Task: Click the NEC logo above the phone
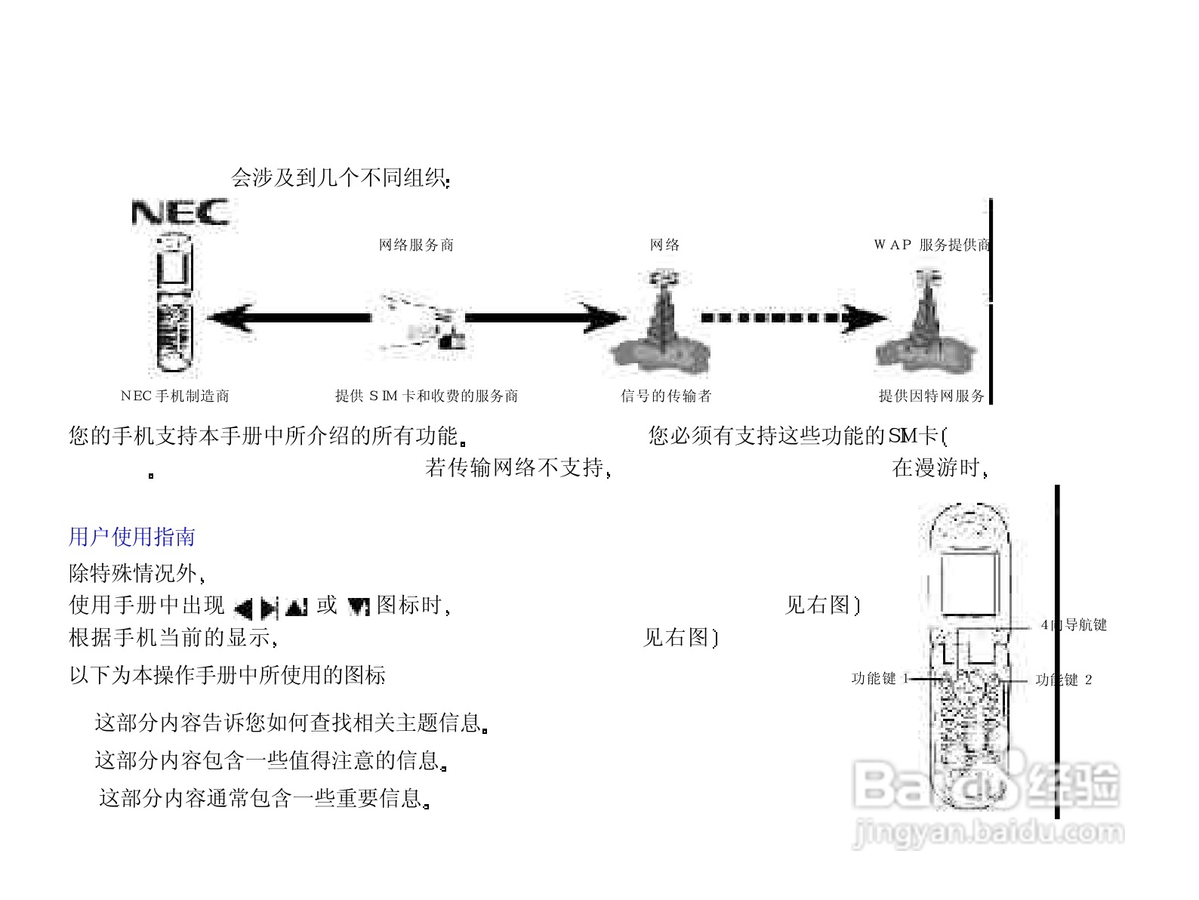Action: coord(180,212)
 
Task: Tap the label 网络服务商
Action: coord(416,245)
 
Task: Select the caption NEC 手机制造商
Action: coord(175,396)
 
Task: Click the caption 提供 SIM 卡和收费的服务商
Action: coord(427,396)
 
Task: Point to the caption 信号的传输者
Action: coord(666,396)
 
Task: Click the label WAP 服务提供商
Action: coord(932,245)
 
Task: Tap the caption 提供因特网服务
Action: coord(932,396)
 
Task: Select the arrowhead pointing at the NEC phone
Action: coord(227,318)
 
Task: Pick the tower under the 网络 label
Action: coord(662,325)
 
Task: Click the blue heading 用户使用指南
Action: coord(132,537)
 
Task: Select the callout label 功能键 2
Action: coord(1064,680)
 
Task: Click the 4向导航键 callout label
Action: coord(1074,624)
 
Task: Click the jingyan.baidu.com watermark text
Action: coord(988,833)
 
